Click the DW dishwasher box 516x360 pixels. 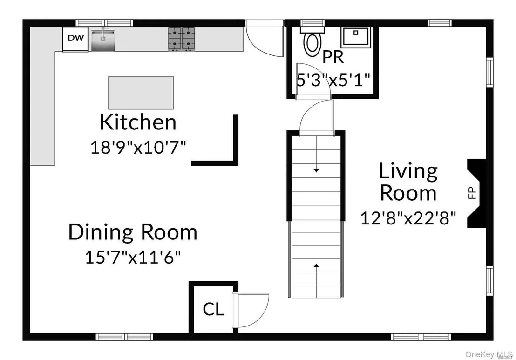[76, 39]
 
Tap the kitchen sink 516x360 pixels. [103, 40]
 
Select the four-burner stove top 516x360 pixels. [181, 39]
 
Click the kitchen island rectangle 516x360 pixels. [141, 93]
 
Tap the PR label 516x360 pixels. [333, 57]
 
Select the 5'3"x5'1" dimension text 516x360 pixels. [333, 80]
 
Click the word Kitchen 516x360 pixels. [138, 122]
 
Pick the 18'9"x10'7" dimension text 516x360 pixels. [138, 147]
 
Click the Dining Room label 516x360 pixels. [133, 232]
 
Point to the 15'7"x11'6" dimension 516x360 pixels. [133, 257]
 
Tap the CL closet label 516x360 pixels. [213, 309]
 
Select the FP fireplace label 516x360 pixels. [472, 193]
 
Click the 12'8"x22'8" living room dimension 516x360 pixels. [408, 218]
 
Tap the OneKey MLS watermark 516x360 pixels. [489, 354]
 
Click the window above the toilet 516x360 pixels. [312, 23]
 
